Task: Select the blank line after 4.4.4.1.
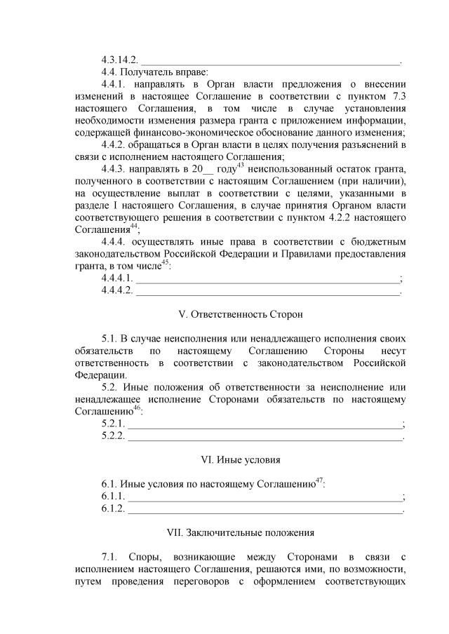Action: pyautogui.click(x=267, y=279)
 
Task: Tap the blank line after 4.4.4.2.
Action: pyautogui.click(x=267, y=291)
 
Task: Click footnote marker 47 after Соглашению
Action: pyautogui.click(x=319, y=481)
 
